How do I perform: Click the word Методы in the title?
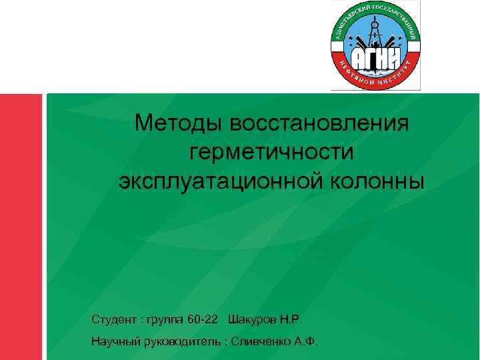[175, 123]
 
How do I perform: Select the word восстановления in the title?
[319, 123]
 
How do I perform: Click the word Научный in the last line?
[115, 342]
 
